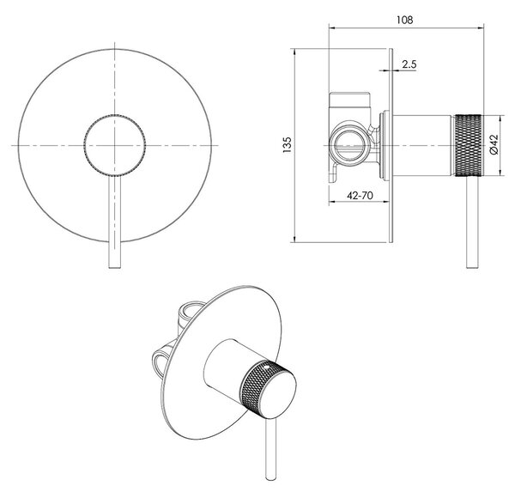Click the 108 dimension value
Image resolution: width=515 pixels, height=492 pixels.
pyautogui.click(x=404, y=20)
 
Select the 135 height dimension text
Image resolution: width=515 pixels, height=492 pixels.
pyautogui.click(x=287, y=145)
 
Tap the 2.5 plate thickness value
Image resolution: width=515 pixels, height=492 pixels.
pyautogui.click(x=409, y=64)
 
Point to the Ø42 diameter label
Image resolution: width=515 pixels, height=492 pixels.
pyautogui.click(x=494, y=144)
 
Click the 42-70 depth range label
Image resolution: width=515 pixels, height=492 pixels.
pyautogui.click(x=360, y=196)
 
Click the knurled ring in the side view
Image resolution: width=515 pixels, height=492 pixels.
pyautogui.click(x=468, y=145)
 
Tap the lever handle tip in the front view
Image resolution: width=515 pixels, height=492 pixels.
pyautogui.click(x=115, y=267)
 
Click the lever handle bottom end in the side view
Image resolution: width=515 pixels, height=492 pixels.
pyautogui.click(x=472, y=266)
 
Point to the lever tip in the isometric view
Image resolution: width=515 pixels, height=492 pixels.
pyautogui.click(x=271, y=478)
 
